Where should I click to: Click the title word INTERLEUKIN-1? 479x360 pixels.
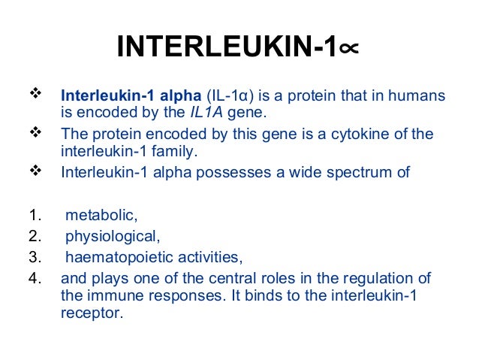click(225, 48)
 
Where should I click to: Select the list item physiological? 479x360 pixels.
click(112, 237)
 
